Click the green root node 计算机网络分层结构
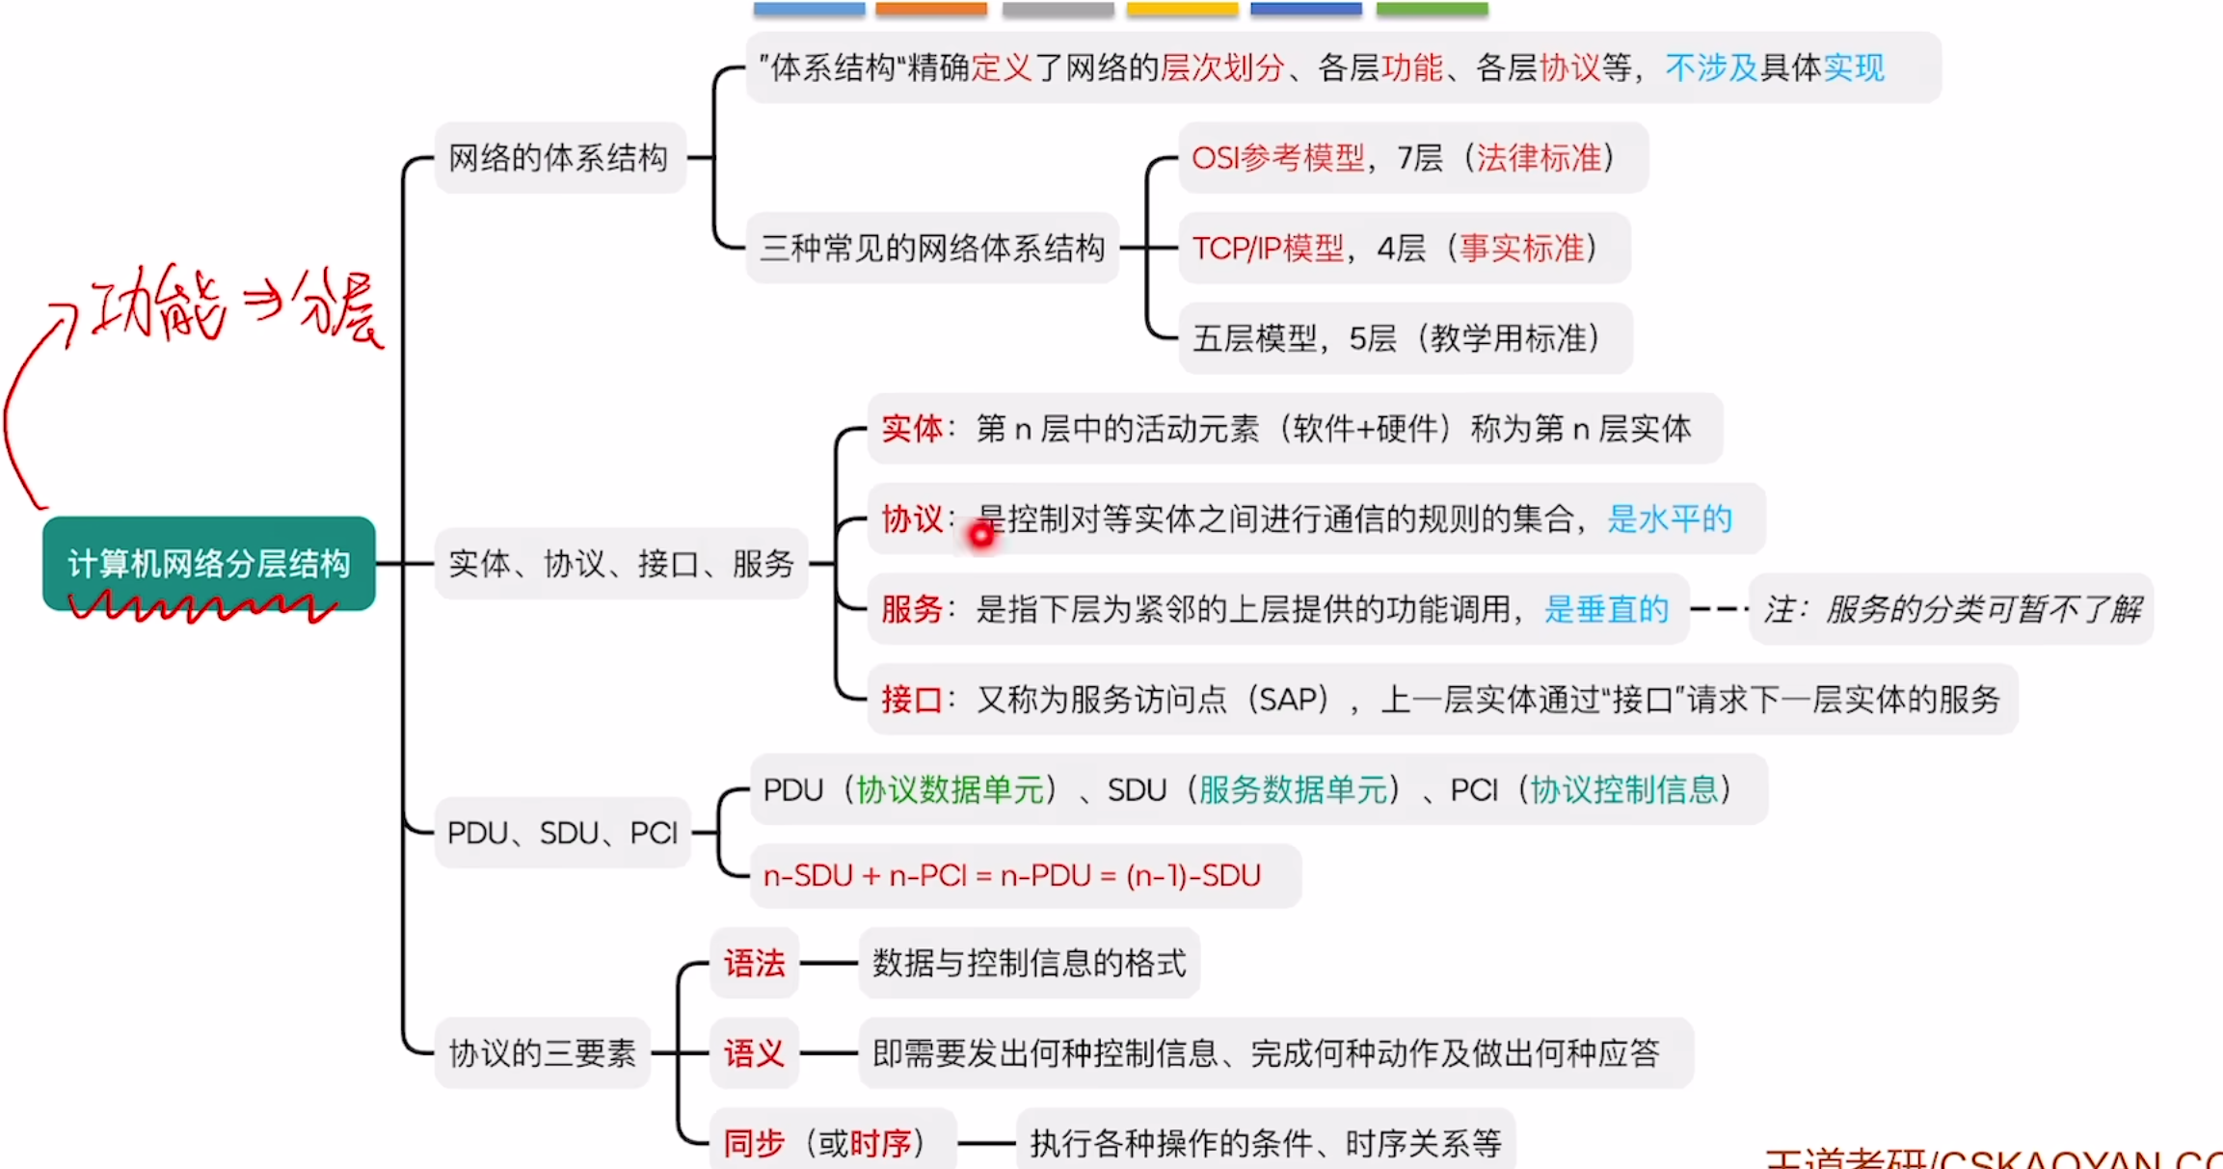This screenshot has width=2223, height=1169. click(x=208, y=563)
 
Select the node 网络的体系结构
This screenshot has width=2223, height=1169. click(x=559, y=158)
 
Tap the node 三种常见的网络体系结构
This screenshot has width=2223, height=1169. click(x=932, y=249)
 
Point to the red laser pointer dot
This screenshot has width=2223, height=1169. click(x=981, y=535)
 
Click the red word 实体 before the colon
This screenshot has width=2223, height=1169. click(x=911, y=429)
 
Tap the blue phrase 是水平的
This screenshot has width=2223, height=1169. click(x=1670, y=519)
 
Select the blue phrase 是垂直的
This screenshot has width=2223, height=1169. click(x=1606, y=609)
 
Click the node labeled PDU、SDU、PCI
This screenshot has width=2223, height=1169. click(x=563, y=833)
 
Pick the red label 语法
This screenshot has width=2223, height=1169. click(x=754, y=963)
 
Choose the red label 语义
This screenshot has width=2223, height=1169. click(x=754, y=1053)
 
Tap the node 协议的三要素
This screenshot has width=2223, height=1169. click(x=543, y=1053)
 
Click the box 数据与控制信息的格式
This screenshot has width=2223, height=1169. click(x=1029, y=963)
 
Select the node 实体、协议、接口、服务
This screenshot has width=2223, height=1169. click(x=622, y=564)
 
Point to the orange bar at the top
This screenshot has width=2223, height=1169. click(x=931, y=9)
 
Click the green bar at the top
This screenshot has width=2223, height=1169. click(x=1432, y=9)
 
